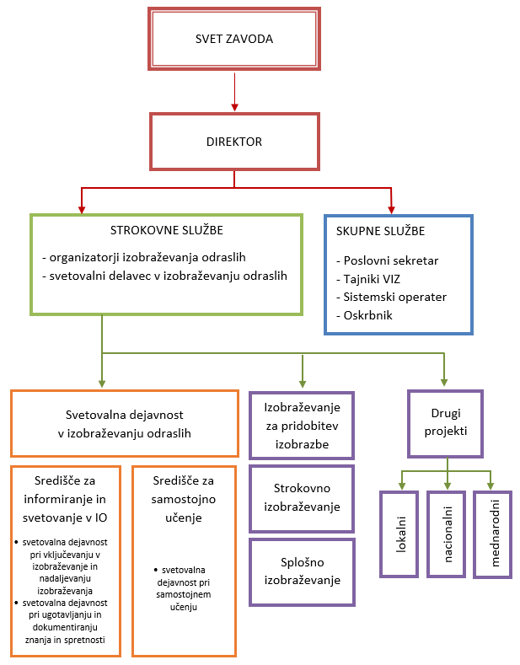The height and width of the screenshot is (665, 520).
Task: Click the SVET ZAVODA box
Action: pyautogui.click(x=233, y=39)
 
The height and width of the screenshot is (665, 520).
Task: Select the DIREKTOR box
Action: pyautogui.click(x=234, y=142)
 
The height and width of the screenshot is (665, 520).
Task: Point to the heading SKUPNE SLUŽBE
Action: pyautogui.click(x=380, y=231)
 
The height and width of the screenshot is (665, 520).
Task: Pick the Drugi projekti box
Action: pyautogui.click(x=444, y=422)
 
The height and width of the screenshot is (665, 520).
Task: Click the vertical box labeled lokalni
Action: pyautogui.click(x=399, y=534)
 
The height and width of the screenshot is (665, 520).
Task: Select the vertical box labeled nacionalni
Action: pyautogui.click(x=446, y=534)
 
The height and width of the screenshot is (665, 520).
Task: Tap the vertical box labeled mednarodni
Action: pyautogui.click(x=492, y=534)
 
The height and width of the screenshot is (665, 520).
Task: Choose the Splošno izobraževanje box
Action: pyautogui.click(x=302, y=571)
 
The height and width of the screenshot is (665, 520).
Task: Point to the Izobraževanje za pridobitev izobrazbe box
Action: pyautogui.click(x=302, y=426)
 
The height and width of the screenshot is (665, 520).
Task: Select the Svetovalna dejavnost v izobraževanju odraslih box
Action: pyautogui.click(x=124, y=424)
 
